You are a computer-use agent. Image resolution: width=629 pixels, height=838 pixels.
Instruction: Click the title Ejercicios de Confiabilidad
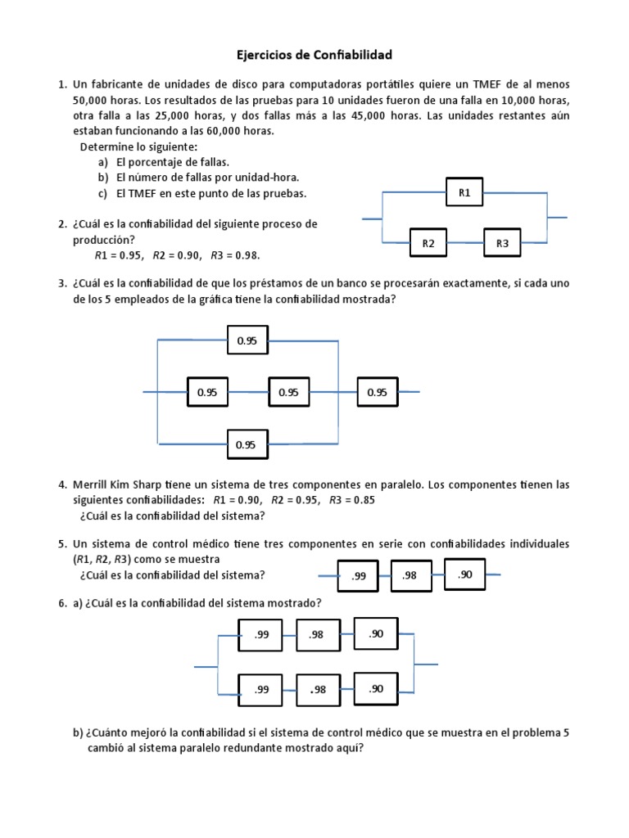(314, 55)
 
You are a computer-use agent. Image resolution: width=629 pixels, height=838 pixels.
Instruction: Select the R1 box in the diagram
(464, 193)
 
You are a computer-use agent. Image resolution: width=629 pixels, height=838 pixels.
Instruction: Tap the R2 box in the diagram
(428, 243)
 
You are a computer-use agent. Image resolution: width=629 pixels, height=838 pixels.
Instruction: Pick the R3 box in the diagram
(502, 243)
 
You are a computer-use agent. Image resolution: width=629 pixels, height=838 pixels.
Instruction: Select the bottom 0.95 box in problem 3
(247, 445)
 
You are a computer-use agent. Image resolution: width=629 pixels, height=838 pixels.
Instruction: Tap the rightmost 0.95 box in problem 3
(377, 393)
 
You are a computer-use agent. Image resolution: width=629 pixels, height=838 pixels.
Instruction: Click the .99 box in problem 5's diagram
(359, 576)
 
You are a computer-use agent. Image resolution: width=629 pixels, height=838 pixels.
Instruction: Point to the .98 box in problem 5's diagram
(410, 575)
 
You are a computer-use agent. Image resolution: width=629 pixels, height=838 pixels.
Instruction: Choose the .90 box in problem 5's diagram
(465, 574)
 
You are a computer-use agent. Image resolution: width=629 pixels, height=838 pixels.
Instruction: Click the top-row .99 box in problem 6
(260, 634)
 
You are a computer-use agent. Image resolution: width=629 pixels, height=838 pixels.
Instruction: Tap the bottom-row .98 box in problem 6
(318, 690)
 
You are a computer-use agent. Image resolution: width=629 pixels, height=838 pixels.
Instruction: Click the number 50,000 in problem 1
(92, 101)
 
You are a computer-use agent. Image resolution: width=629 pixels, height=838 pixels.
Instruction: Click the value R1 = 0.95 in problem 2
(120, 255)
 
